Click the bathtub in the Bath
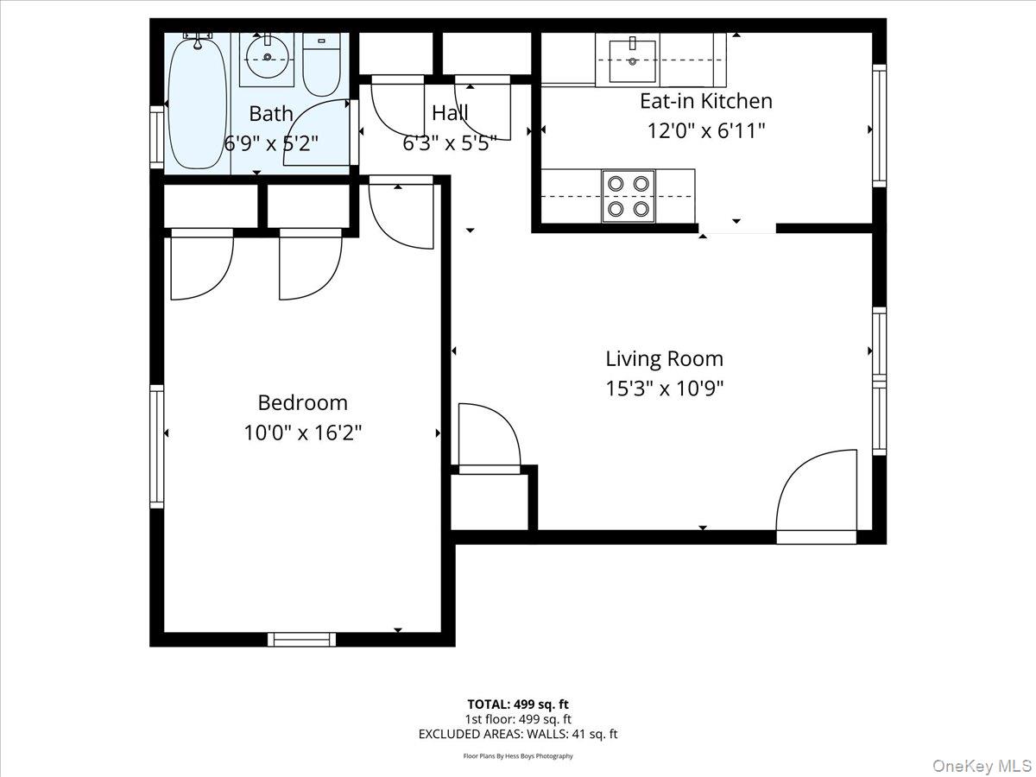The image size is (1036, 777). click(x=198, y=102)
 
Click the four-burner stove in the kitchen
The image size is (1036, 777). click(x=628, y=196)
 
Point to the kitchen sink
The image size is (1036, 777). click(x=633, y=59)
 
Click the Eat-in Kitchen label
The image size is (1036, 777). click(x=705, y=101)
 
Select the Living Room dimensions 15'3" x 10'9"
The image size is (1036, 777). click(x=664, y=388)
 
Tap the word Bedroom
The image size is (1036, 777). click(x=302, y=402)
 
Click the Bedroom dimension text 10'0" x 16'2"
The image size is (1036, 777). click(x=302, y=432)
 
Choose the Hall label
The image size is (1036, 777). click(x=450, y=113)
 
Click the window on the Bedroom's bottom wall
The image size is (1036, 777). click(x=301, y=639)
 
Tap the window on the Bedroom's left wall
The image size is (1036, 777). click(x=157, y=446)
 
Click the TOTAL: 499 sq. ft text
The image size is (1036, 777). click(x=518, y=704)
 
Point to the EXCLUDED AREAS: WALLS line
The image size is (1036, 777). click(x=518, y=735)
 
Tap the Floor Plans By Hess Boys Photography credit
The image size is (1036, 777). click(x=518, y=756)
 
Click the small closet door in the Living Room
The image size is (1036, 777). click(x=490, y=439)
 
